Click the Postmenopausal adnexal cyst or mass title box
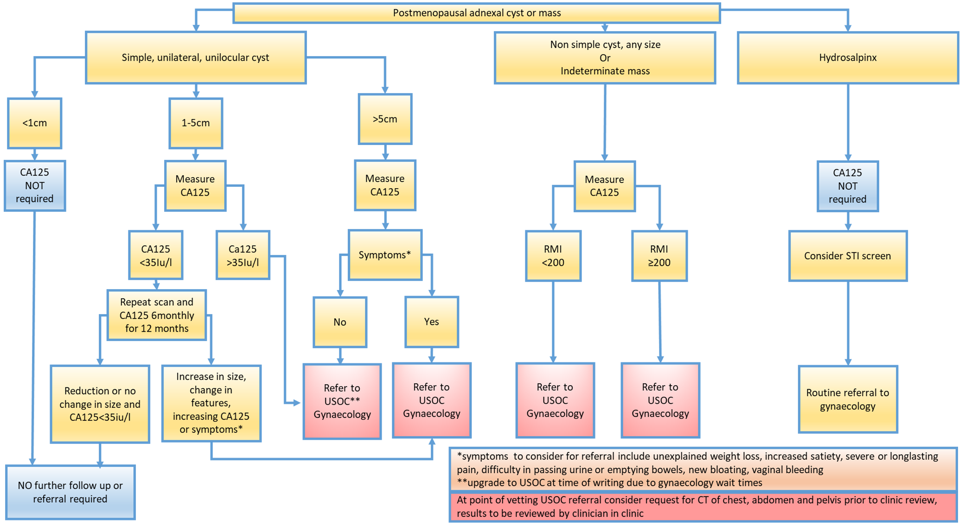(476, 13)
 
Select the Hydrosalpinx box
(847, 57)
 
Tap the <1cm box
(35, 123)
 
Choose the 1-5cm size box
(196, 123)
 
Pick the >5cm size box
(385, 119)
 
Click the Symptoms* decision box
(385, 255)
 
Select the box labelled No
(340, 322)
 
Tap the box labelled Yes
(431, 322)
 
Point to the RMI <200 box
(553, 256)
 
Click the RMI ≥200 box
(659, 256)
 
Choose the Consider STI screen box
(847, 256)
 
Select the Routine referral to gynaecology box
(847, 399)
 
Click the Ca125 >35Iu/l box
(243, 255)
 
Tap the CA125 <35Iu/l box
(156, 255)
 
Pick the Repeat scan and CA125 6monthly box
(157, 315)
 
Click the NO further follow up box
(70, 492)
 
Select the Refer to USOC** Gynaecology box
(342, 401)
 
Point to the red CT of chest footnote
(703, 507)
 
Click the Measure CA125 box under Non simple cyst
(604, 186)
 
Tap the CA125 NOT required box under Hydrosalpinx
(847, 186)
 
